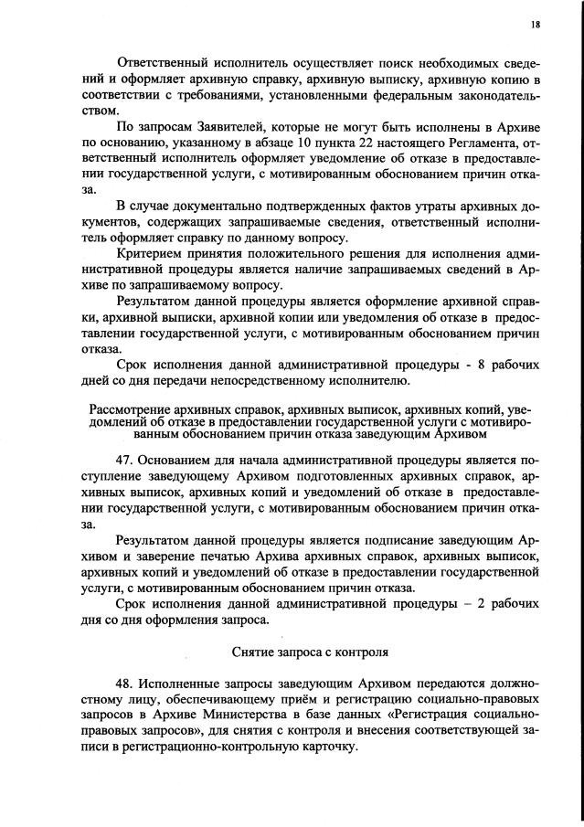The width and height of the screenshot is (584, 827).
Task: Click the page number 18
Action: tap(535, 24)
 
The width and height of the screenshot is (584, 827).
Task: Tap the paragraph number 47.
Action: tap(125, 462)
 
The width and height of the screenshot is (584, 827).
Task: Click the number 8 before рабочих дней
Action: tap(476, 365)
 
